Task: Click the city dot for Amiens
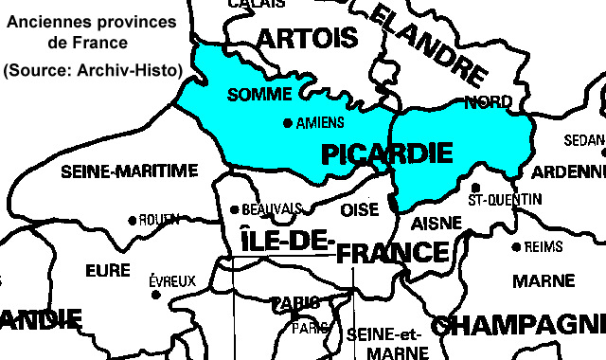click(289, 123)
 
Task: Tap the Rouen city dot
click(133, 220)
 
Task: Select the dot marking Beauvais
click(235, 210)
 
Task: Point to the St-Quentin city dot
click(476, 188)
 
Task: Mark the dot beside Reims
click(516, 247)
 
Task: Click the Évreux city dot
click(155, 295)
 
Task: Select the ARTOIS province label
click(308, 39)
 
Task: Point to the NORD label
click(489, 101)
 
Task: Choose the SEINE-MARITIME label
click(129, 171)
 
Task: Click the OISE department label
click(359, 208)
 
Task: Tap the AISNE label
click(437, 224)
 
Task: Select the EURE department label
click(107, 271)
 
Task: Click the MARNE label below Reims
click(544, 281)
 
